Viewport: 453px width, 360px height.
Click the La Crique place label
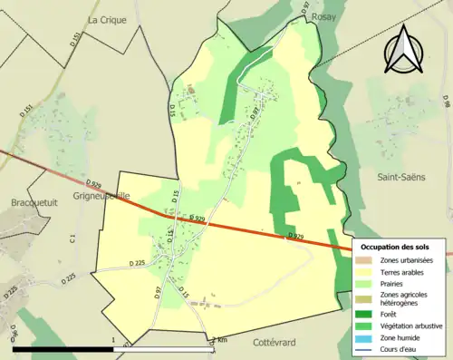click(x=106, y=19)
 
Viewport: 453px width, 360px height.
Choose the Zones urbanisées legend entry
click(x=407, y=261)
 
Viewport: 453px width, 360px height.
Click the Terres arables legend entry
click(x=402, y=272)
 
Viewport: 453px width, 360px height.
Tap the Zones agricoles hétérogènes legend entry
click(x=405, y=299)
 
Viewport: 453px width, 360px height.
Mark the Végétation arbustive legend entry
click(x=410, y=326)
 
